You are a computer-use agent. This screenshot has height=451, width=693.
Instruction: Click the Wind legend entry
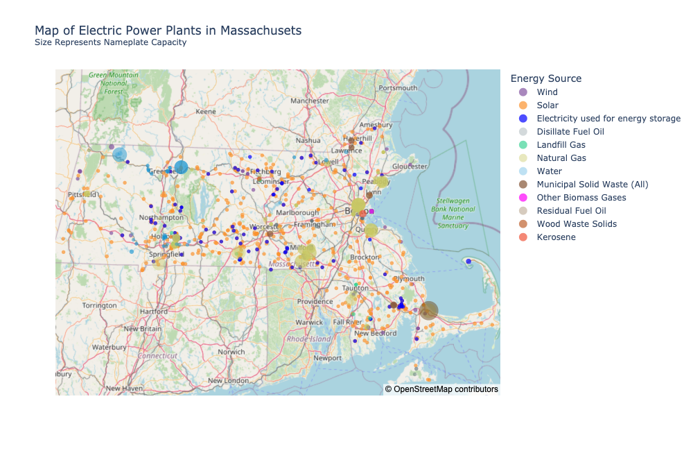(x=547, y=92)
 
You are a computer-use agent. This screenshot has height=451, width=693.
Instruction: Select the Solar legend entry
(x=547, y=105)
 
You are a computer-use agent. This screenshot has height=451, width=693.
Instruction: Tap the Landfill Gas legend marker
(x=523, y=145)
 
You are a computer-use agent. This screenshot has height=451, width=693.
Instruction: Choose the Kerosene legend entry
(x=556, y=237)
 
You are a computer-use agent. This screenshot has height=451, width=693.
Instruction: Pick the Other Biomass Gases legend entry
(x=581, y=198)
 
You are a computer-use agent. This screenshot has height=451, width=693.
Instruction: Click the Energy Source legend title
(x=545, y=79)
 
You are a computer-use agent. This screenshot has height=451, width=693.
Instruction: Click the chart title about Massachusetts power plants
(x=168, y=31)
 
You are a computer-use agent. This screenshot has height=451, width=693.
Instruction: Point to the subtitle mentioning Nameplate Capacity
(x=110, y=42)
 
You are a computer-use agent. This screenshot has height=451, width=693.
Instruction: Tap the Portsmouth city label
(x=398, y=88)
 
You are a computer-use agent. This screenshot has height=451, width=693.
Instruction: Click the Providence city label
(x=315, y=302)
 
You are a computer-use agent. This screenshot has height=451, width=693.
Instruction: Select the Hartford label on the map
(x=153, y=312)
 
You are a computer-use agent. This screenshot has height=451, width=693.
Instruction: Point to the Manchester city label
(x=309, y=101)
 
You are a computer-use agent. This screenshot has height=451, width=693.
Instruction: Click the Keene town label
(x=206, y=111)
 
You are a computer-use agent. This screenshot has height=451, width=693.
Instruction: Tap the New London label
(x=228, y=380)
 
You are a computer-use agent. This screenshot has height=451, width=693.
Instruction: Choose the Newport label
(x=327, y=358)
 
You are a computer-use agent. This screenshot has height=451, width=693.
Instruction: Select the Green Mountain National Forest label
(x=114, y=83)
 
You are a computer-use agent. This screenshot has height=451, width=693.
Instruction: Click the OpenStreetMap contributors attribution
(x=441, y=389)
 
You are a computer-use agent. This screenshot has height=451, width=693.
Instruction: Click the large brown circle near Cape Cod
(x=429, y=310)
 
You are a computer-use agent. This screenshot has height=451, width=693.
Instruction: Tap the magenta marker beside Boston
(x=371, y=211)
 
